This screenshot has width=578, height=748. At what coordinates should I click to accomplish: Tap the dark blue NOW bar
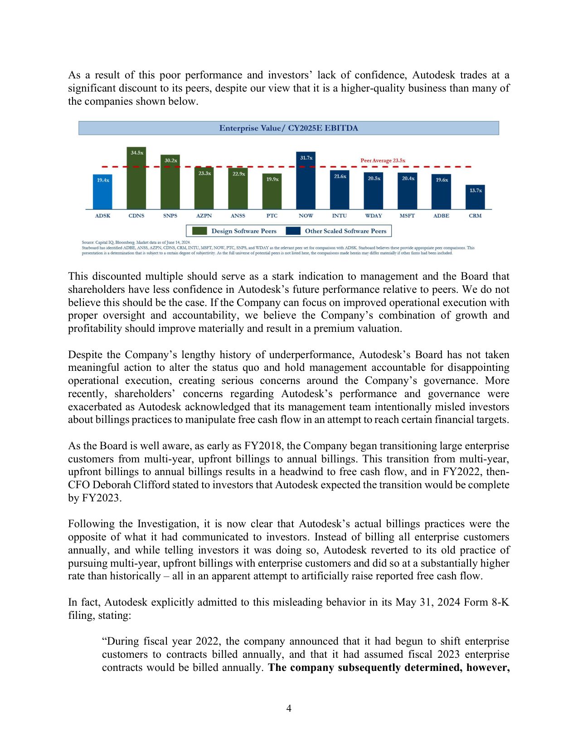pyautogui.click(x=306, y=181)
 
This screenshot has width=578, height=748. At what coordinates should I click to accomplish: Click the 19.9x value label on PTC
pyautogui.click(x=272, y=180)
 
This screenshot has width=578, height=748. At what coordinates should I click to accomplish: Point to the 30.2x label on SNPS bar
pyautogui.click(x=170, y=160)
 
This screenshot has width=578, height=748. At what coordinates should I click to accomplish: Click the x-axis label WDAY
pyautogui.click(x=374, y=216)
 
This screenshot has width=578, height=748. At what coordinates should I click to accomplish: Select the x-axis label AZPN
pyautogui.click(x=204, y=216)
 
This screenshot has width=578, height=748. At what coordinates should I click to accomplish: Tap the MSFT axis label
pyautogui.click(x=407, y=216)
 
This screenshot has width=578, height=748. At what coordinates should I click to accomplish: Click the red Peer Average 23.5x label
pyautogui.click(x=383, y=160)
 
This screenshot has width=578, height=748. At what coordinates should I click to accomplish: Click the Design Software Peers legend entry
pyautogui.click(x=243, y=231)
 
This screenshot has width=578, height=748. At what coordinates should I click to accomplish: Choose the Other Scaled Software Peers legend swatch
pyautogui.click(x=293, y=231)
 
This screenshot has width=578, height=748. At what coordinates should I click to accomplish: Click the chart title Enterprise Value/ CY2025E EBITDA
pyautogui.click(x=289, y=128)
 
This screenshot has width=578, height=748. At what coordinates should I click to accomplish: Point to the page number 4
pyautogui.click(x=289, y=708)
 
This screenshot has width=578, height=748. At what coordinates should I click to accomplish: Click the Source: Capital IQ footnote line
pyautogui.click(x=136, y=243)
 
